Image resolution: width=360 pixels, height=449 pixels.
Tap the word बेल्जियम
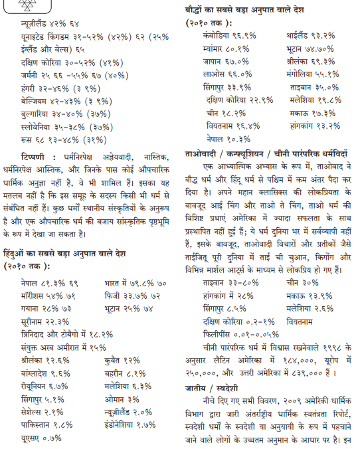[x=35, y=100]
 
